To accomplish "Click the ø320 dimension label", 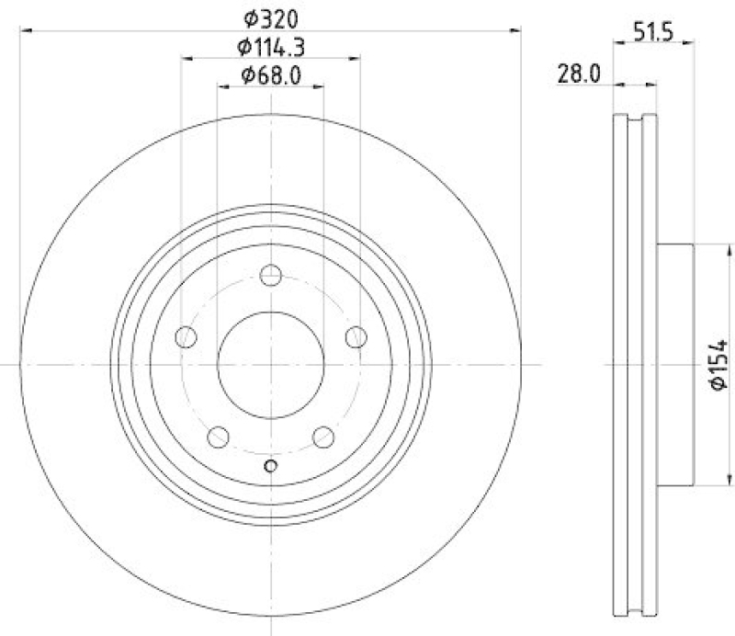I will click(x=270, y=17).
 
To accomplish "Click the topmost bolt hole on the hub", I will click(x=270, y=275).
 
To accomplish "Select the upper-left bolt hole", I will click(x=186, y=336).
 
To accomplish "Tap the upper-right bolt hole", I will click(x=356, y=336).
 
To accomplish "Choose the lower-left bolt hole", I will click(x=219, y=437).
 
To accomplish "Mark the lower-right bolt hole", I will click(x=322, y=437).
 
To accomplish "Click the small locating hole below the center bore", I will click(x=270, y=466).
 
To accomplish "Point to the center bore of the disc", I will click(x=270, y=364).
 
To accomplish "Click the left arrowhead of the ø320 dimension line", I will click(x=25, y=31).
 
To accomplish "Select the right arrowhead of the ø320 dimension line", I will click(x=516, y=31).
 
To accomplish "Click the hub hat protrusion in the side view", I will click(x=676, y=364).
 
